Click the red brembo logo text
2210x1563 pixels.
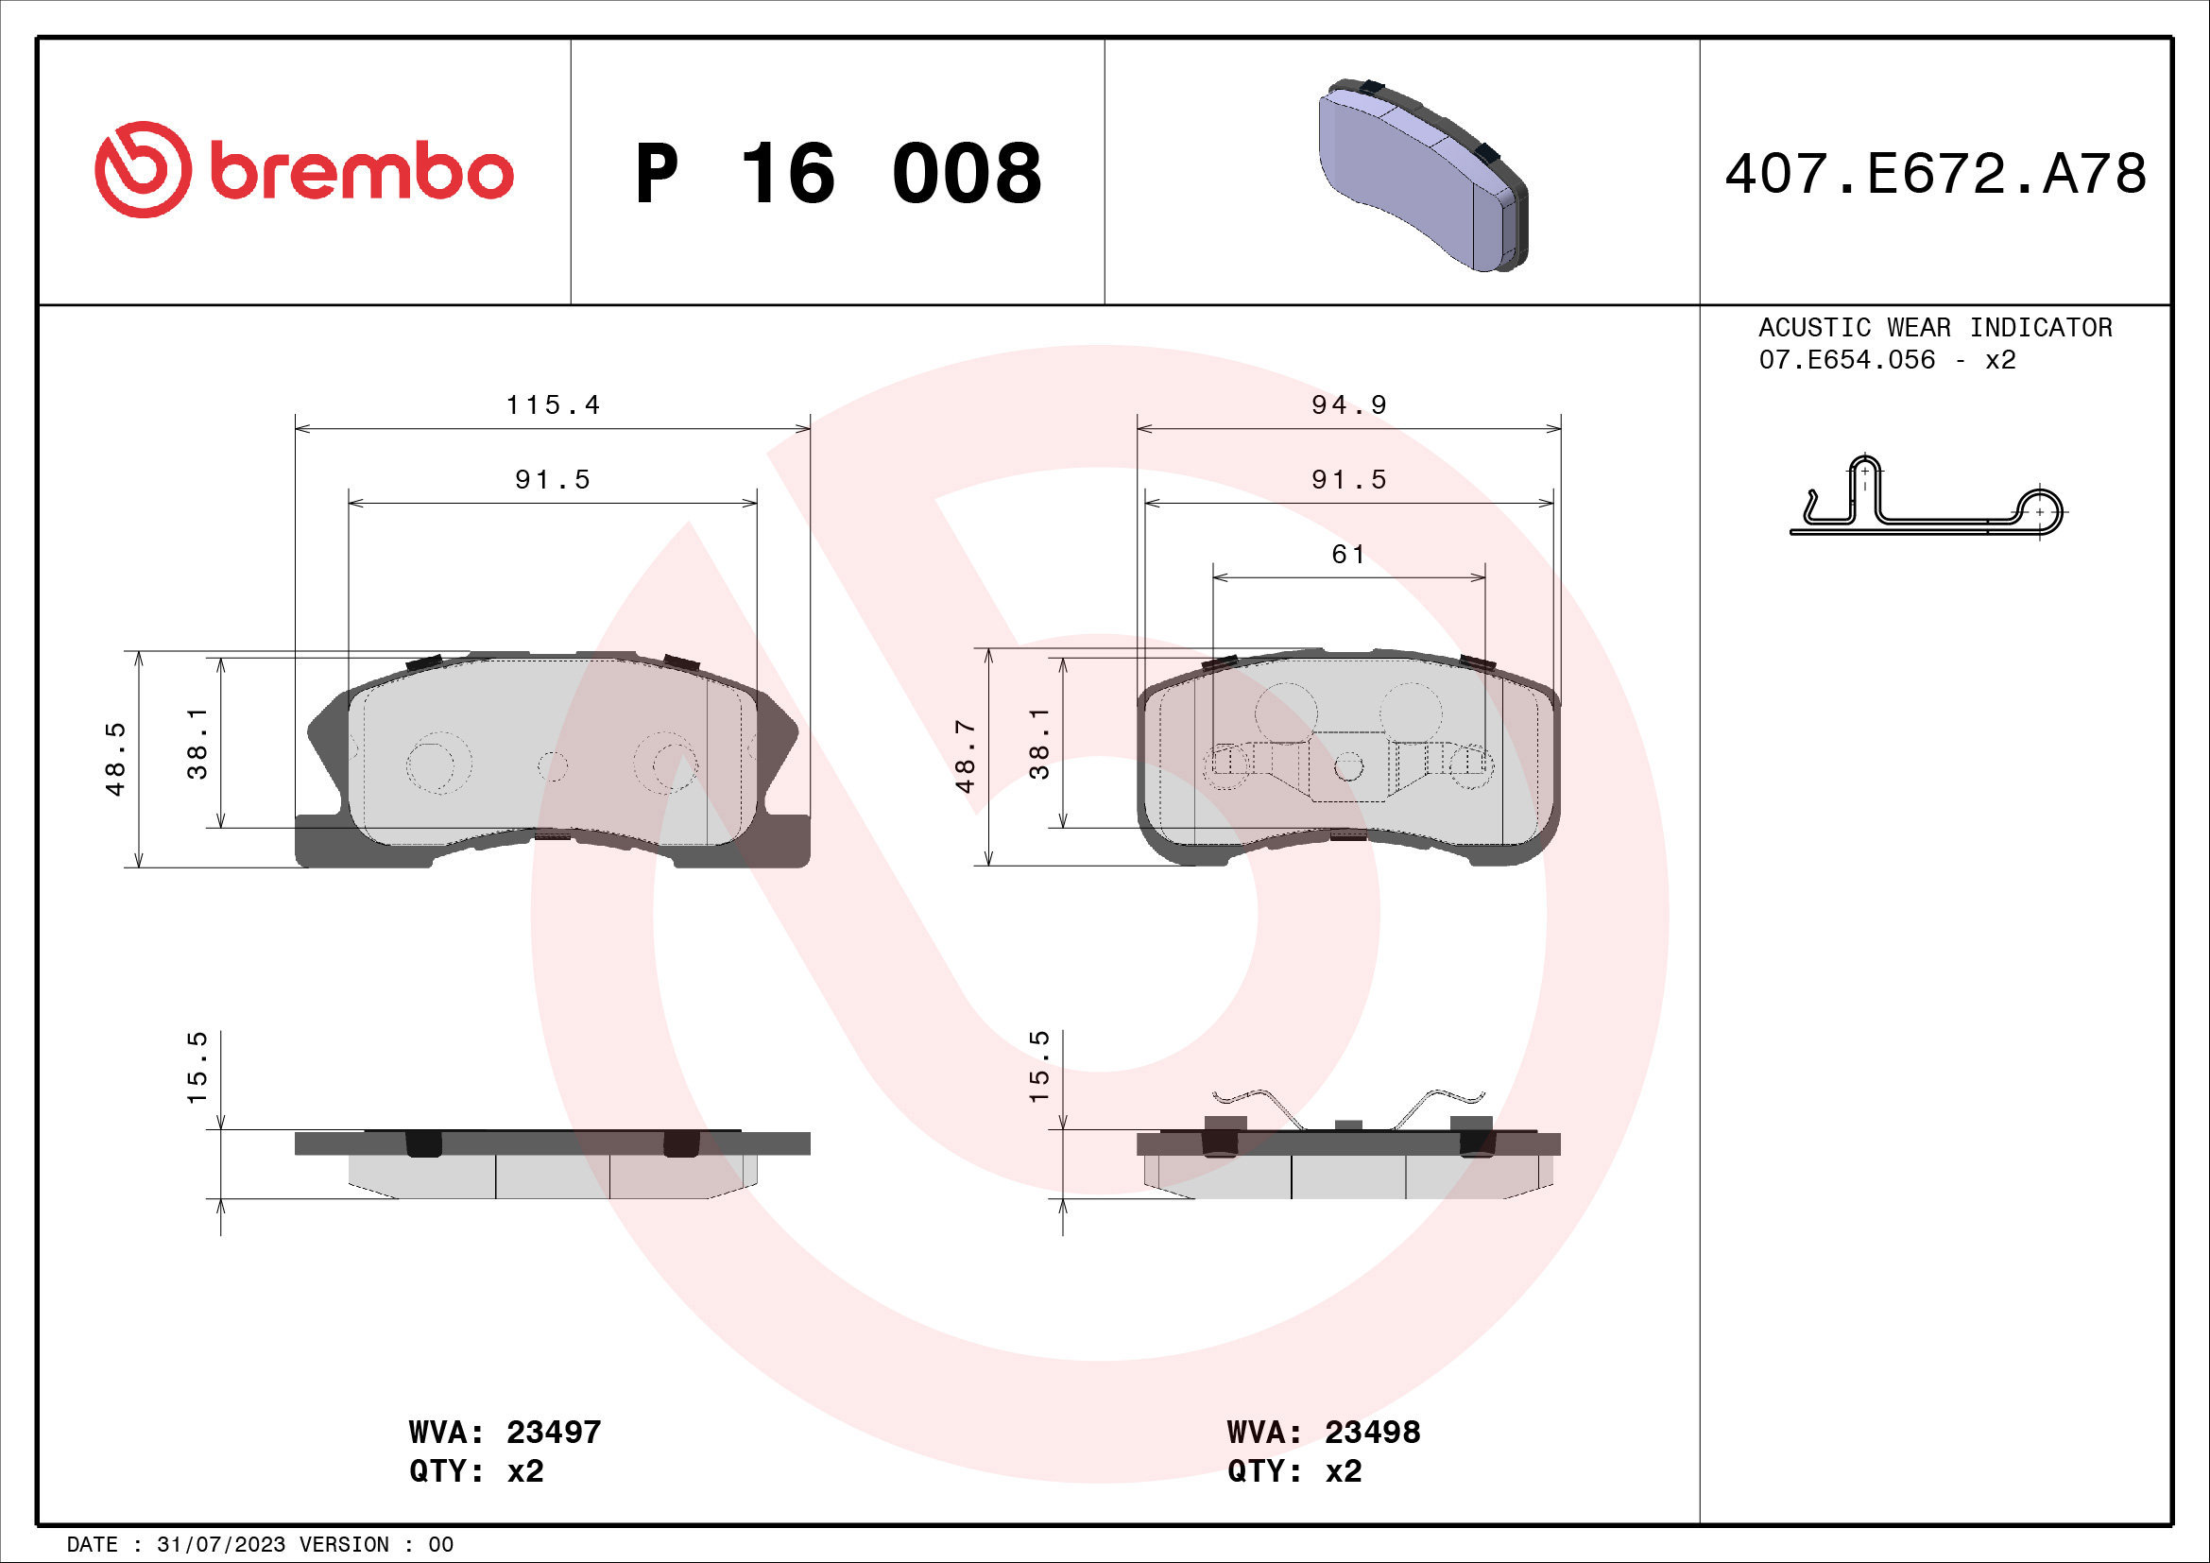click(x=361, y=173)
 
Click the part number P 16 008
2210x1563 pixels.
click(x=837, y=174)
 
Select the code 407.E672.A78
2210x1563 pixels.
click(x=1935, y=174)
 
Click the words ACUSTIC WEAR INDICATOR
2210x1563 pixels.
click(x=1935, y=327)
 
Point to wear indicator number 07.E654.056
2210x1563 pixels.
click(x=1846, y=360)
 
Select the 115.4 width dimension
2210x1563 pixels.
click(x=553, y=405)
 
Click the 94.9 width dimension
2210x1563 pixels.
click(x=1348, y=405)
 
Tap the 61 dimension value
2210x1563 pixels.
click(x=1347, y=555)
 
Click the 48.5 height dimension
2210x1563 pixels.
click(x=115, y=759)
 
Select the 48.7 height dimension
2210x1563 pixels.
click(x=966, y=757)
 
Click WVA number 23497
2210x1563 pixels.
click(x=554, y=1432)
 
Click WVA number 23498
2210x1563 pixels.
click(x=1372, y=1432)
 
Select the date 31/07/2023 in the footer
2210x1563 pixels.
click(x=221, y=1545)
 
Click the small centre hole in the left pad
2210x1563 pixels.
click(x=553, y=767)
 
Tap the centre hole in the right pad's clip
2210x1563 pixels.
click(x=1348, y=767)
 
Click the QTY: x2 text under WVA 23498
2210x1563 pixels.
click(x=1293, y=1471)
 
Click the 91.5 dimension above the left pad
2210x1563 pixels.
click(x=553, y=479)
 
